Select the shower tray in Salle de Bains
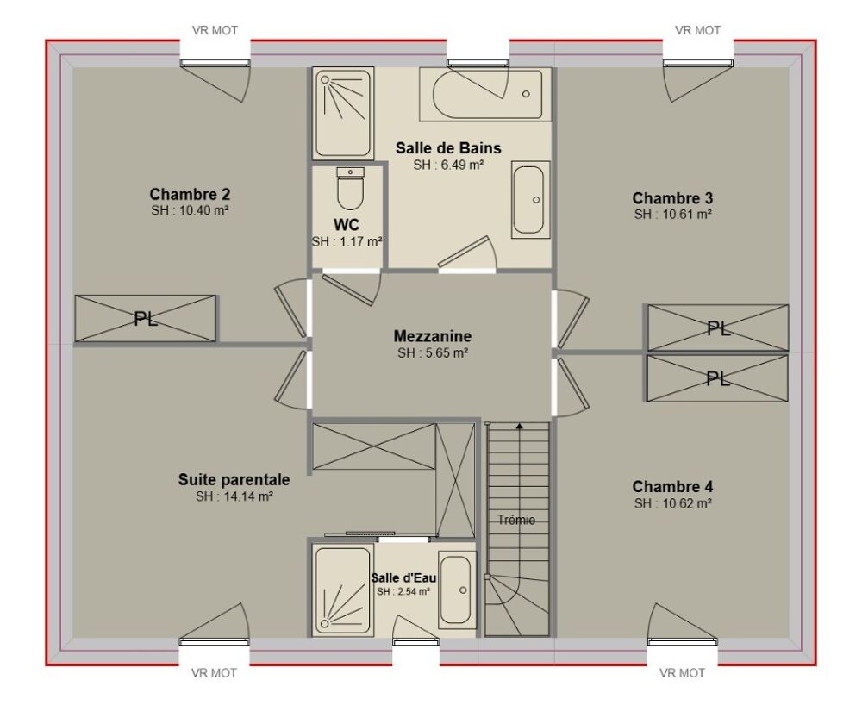pos(343,113)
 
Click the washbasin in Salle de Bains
pos(530,200)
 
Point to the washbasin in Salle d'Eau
pos(457,590)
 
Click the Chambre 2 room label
pos(190,194)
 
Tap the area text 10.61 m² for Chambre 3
pos(687,215)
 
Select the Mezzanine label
pos(433,336)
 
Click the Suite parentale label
pos(234,480)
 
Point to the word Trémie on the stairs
pos(516,520)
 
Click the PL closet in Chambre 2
pos(146,319)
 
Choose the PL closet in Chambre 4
pos(717,378)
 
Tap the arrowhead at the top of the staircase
pos(519,425)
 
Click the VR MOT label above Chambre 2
pos(215,31)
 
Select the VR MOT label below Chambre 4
pos(682,672)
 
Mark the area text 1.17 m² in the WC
pos(360,242)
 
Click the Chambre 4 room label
pos(672,486)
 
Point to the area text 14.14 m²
pos(249,496)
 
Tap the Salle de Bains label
pos(448,148)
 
